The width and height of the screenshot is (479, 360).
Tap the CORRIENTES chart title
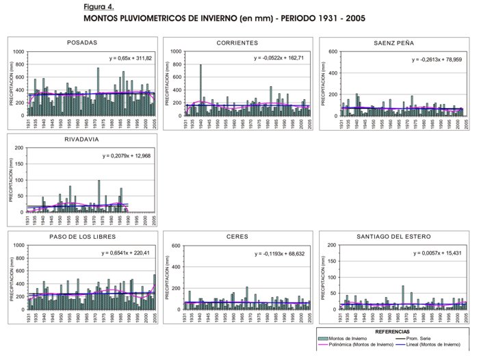pos(237,43)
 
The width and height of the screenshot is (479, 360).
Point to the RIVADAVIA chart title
pos(81,140)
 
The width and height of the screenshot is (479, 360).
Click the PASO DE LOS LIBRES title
pos(81,237)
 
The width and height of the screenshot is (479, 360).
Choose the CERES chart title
pos(237,237)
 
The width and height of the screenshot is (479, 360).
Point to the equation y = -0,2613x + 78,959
pos(437,60)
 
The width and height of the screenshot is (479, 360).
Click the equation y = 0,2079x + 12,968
pos(127,156)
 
